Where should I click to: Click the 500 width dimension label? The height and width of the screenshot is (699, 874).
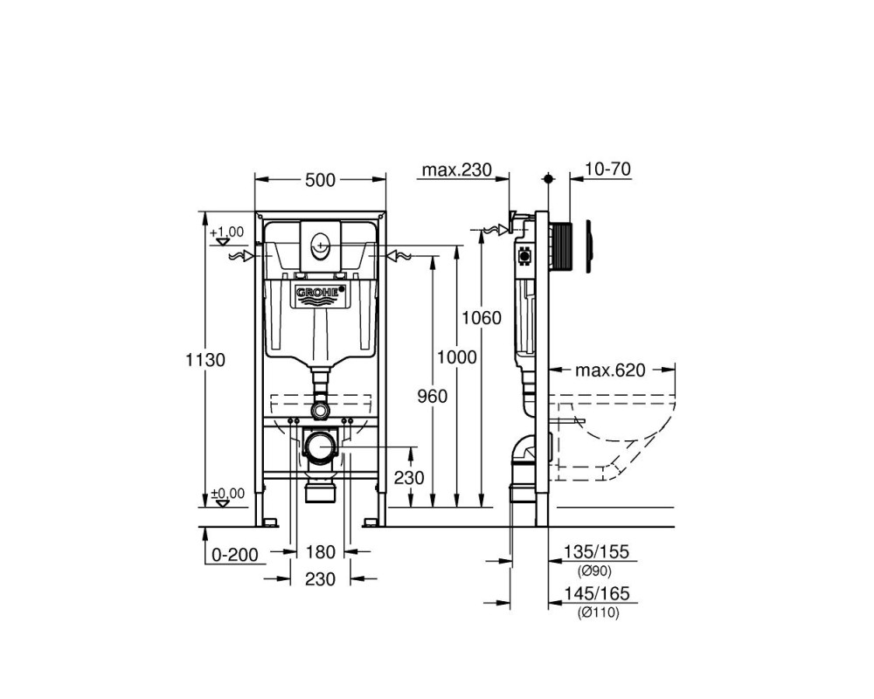click(x=321, y=180)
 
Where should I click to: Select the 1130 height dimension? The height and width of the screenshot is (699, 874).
click(x=205, y=360)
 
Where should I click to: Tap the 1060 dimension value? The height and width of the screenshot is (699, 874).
click(x=482, y=318)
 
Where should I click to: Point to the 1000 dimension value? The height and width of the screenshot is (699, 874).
click(x=456, y=356)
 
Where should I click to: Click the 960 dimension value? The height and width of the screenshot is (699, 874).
click(x=433, y=397)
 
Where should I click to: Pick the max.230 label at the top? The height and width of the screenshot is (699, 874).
click(x=457, y=170)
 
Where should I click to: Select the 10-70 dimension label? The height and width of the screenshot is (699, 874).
click(x=608, y=169)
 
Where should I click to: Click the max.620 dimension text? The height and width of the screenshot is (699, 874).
click(x=610, y=370)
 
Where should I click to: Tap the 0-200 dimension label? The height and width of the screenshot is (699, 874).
click(x=235, y=555)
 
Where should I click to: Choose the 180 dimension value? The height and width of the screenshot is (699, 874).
click(x=321, y=552)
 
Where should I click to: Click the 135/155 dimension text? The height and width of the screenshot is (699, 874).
click(x=596, y=552)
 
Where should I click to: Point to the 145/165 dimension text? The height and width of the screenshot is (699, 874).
click(x=596, y=593)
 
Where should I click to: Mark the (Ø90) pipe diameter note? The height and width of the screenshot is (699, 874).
click(x=594, y=571)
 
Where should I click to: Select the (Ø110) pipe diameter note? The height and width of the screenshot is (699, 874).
click(x=599, y=612)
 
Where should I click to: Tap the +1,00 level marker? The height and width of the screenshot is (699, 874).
click(x=227, y=232)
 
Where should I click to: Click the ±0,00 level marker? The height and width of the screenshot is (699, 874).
click(x=227, y=494)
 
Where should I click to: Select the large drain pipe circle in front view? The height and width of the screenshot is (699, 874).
click(x=321, y=447)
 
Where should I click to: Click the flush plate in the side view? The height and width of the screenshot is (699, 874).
click(x=589, y=246)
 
